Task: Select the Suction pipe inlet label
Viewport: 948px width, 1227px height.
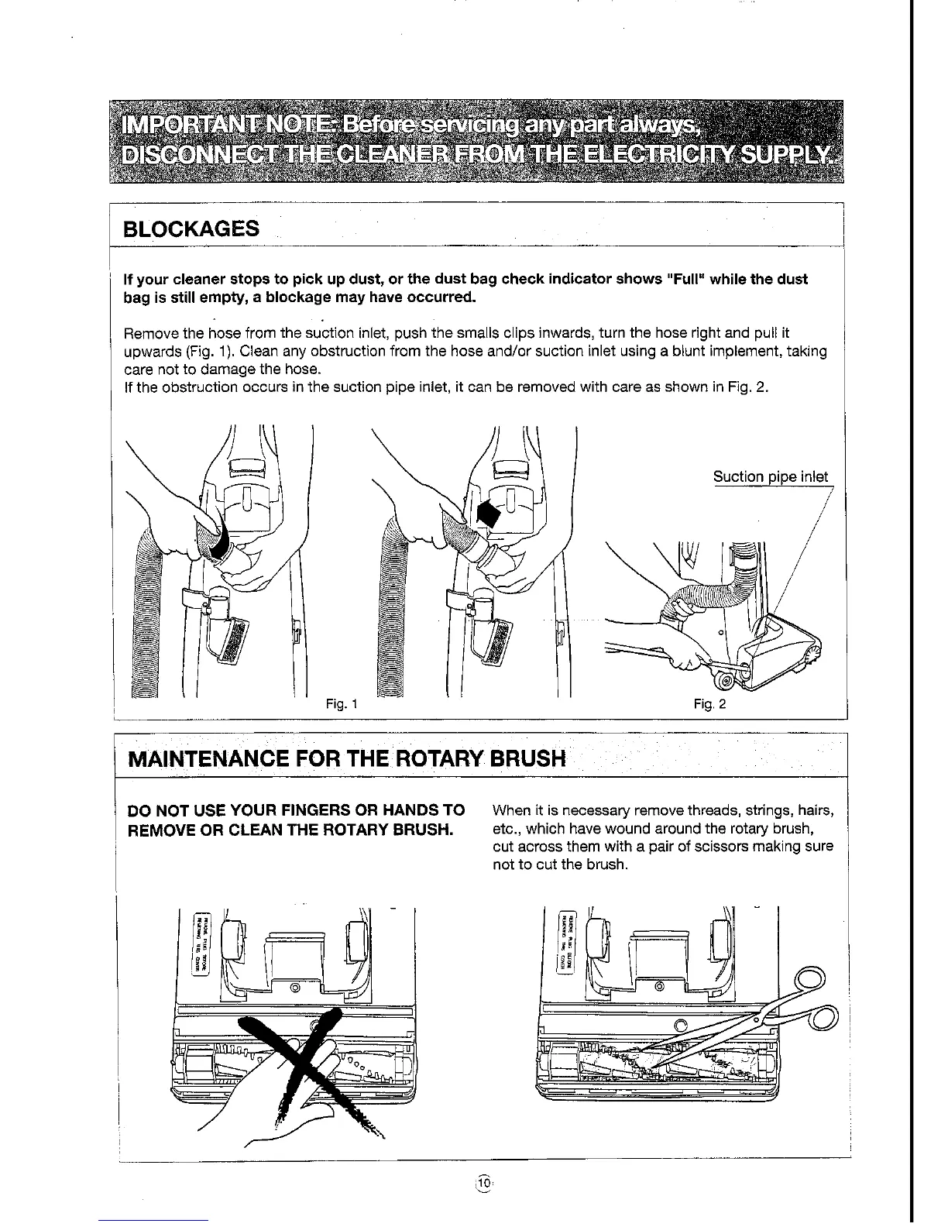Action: pos(770,477)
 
